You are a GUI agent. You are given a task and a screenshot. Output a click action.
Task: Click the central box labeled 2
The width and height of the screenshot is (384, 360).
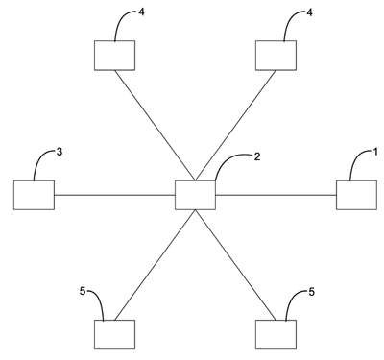[x=195, y=195]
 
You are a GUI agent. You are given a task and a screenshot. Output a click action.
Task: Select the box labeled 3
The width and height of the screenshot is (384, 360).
[x=34, y=195]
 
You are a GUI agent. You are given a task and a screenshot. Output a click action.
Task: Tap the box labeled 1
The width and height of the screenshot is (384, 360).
[x=356, y=195]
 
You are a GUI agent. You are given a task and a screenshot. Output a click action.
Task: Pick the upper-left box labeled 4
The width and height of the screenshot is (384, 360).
[x=114, y=56]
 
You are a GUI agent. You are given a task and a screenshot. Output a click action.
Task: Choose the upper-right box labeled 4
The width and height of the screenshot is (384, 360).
[x=276, y=56]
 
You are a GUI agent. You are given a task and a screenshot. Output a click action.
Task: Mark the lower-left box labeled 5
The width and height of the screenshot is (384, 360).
[x=114, y=334]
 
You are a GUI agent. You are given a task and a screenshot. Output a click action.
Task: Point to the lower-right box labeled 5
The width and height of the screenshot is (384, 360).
[x=276, y=334]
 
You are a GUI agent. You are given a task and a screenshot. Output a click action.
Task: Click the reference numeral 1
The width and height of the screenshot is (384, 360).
[x=375, y=152]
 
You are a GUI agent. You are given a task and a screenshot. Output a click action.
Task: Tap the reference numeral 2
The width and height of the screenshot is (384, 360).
[x=257, y=156]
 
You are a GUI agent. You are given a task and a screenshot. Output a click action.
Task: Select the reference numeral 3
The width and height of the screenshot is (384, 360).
[x=60, y=152]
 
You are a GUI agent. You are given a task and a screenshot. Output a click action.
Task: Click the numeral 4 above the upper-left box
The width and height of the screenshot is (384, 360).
[x=142, y=12]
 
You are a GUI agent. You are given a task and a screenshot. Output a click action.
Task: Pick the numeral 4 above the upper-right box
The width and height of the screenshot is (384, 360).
[x=309, y=12]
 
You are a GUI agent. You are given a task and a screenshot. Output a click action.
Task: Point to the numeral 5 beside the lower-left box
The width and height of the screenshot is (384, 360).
[x=83, y=292]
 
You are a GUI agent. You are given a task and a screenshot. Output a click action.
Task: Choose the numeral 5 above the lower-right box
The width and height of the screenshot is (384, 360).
[x=311, y=292]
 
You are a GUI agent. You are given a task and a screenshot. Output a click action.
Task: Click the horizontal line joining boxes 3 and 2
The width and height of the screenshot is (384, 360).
[x=114, y=195]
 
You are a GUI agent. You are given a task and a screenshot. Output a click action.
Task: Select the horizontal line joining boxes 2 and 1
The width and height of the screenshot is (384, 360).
[x=276, y=195]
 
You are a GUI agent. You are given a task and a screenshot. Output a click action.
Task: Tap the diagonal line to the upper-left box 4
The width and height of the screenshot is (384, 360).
[x=155, y=125]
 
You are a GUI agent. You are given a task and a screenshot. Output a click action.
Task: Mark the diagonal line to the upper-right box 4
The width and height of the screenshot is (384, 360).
[x=235, y=125]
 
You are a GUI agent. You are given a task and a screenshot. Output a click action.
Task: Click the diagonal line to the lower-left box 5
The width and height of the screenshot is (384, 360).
[x=155, y=265]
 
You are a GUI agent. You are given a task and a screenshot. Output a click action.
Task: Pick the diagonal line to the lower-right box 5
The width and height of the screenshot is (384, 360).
[x=235, y=265]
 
